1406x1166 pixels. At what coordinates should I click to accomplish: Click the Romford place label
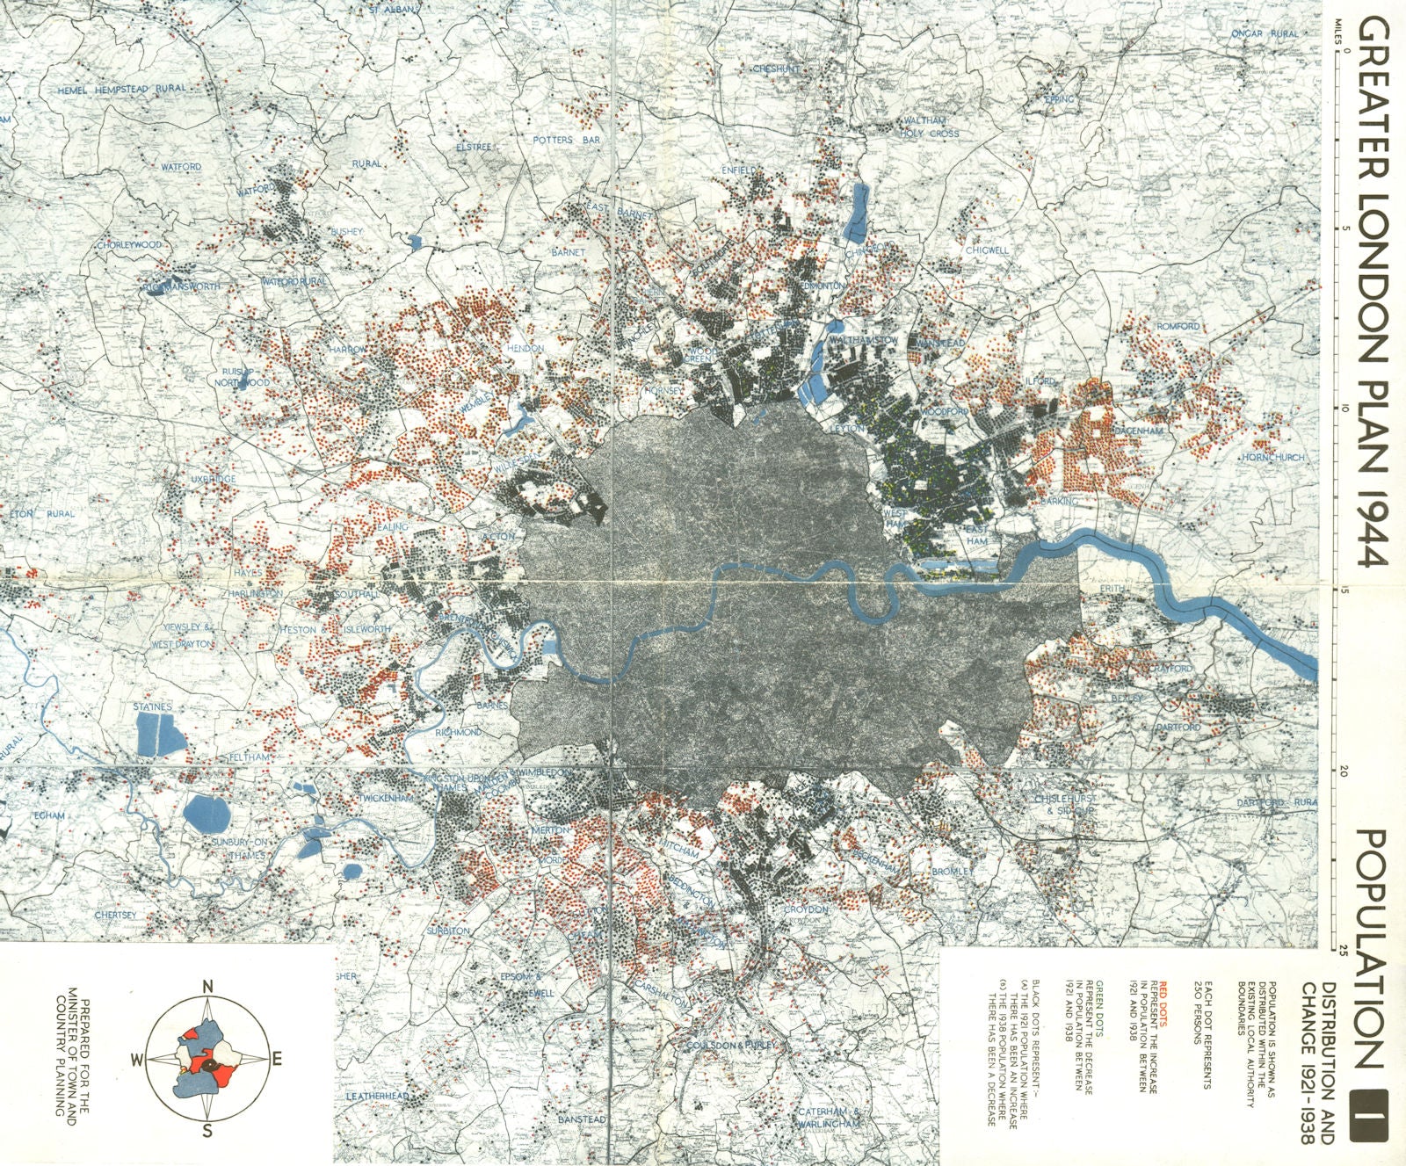(x=1178, y=326)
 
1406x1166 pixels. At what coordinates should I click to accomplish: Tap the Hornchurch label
(x=1273, y=458)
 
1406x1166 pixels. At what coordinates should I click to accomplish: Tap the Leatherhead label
(x=378, y=1097)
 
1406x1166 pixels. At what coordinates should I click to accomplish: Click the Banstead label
(x=583, y=1119)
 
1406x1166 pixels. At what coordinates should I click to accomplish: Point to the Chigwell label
(x=988, y=250)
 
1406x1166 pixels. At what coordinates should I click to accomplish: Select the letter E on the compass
(x=276, y=1060)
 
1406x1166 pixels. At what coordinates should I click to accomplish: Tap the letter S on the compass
(x=207, y=1131)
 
